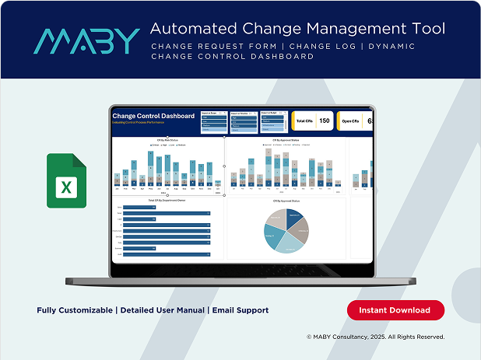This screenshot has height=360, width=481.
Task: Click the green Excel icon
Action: coord(66,181)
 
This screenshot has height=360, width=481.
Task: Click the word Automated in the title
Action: coord(186,29)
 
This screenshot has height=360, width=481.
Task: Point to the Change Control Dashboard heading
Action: coord(153,116)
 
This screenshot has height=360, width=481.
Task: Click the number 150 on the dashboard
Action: coord(325,121)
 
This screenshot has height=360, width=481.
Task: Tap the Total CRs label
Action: coord(304,121)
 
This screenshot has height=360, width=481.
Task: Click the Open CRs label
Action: coord(352,121)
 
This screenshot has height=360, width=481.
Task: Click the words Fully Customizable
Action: coord(75,310)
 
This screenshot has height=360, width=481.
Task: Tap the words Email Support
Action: coord(240,310)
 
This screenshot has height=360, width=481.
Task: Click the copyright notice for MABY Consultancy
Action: coord(375,337)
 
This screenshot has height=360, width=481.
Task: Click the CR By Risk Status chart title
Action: coord(167,142)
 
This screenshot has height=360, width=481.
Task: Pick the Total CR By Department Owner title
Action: coord(167,201)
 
